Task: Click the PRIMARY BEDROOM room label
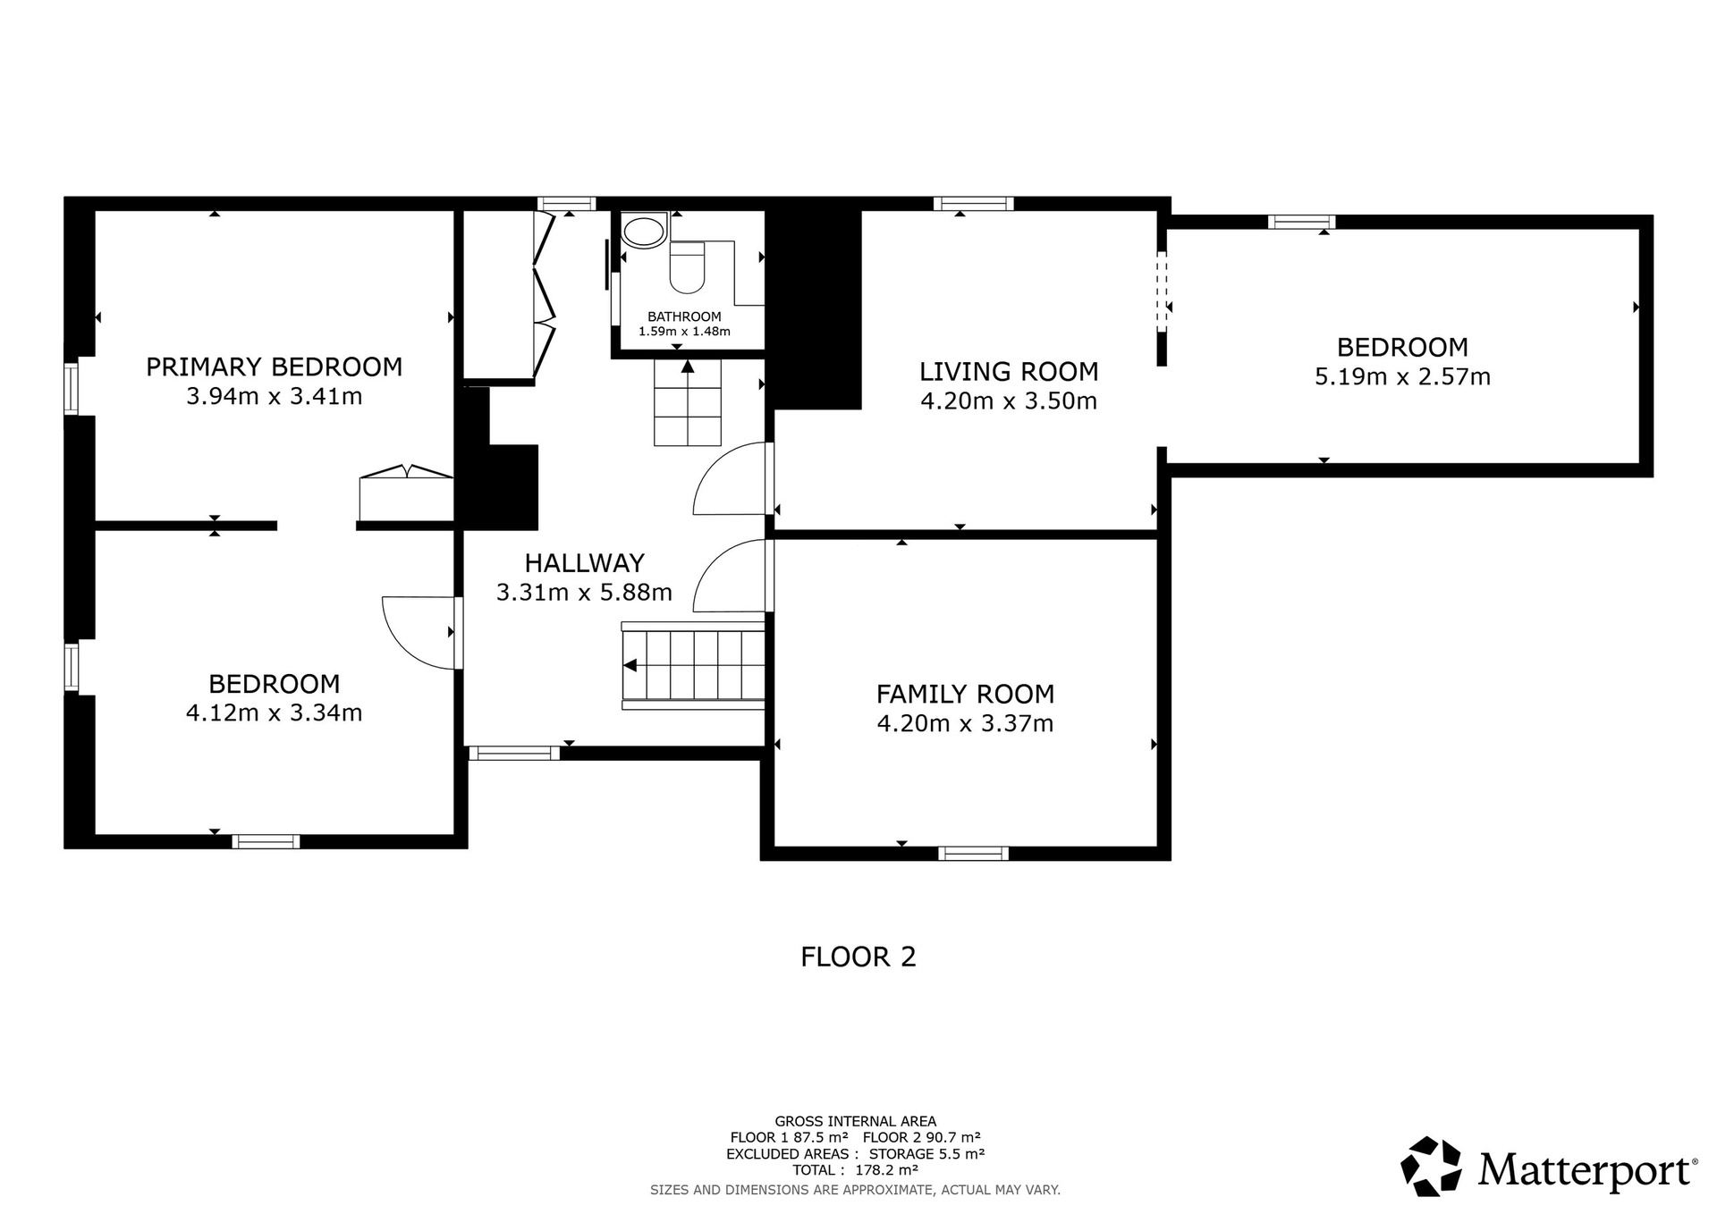coord(274,367)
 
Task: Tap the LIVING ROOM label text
coord(1009,371)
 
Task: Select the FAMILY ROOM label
coord(965,694)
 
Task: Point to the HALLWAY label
coord(584,563)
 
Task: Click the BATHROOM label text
coord(684,316)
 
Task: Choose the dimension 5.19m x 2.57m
coord(1402,376)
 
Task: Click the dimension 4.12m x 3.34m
coord(274,712)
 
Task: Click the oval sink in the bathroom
coord(644,232)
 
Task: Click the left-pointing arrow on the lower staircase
coord(630,665)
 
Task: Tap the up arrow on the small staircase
coord(687,366)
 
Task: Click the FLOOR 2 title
coord(858,957)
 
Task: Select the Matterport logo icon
coord(1431,1166)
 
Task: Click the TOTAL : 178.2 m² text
coord(855,1169)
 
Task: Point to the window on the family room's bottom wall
coord(973,853)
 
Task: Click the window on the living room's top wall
coord(973,204)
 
